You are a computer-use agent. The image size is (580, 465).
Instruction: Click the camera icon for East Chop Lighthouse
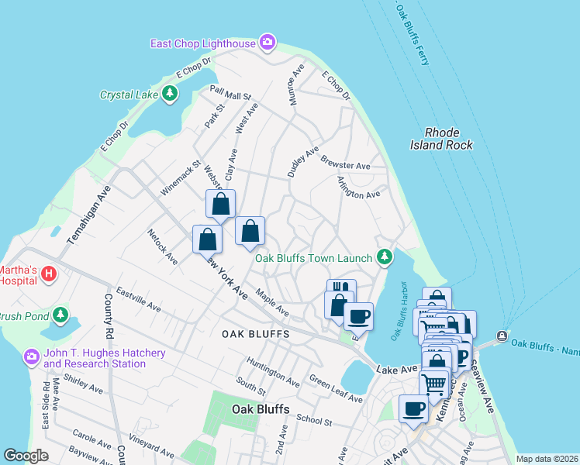point(268,42)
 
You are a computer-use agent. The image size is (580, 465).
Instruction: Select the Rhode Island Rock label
point(440,139)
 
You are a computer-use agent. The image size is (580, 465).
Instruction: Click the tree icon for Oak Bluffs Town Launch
point(384,257)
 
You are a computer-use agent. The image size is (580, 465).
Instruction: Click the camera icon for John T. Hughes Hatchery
point(31,357)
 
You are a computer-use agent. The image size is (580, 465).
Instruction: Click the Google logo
point(26,456)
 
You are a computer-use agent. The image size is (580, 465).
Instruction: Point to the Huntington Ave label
point(273,372)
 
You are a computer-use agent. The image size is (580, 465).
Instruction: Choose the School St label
point(314,422)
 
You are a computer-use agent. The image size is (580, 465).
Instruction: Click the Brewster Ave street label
point(345,165)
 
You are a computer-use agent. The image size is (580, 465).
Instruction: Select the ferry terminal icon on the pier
point(502,336)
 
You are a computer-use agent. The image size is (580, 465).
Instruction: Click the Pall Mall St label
point(231,93)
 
